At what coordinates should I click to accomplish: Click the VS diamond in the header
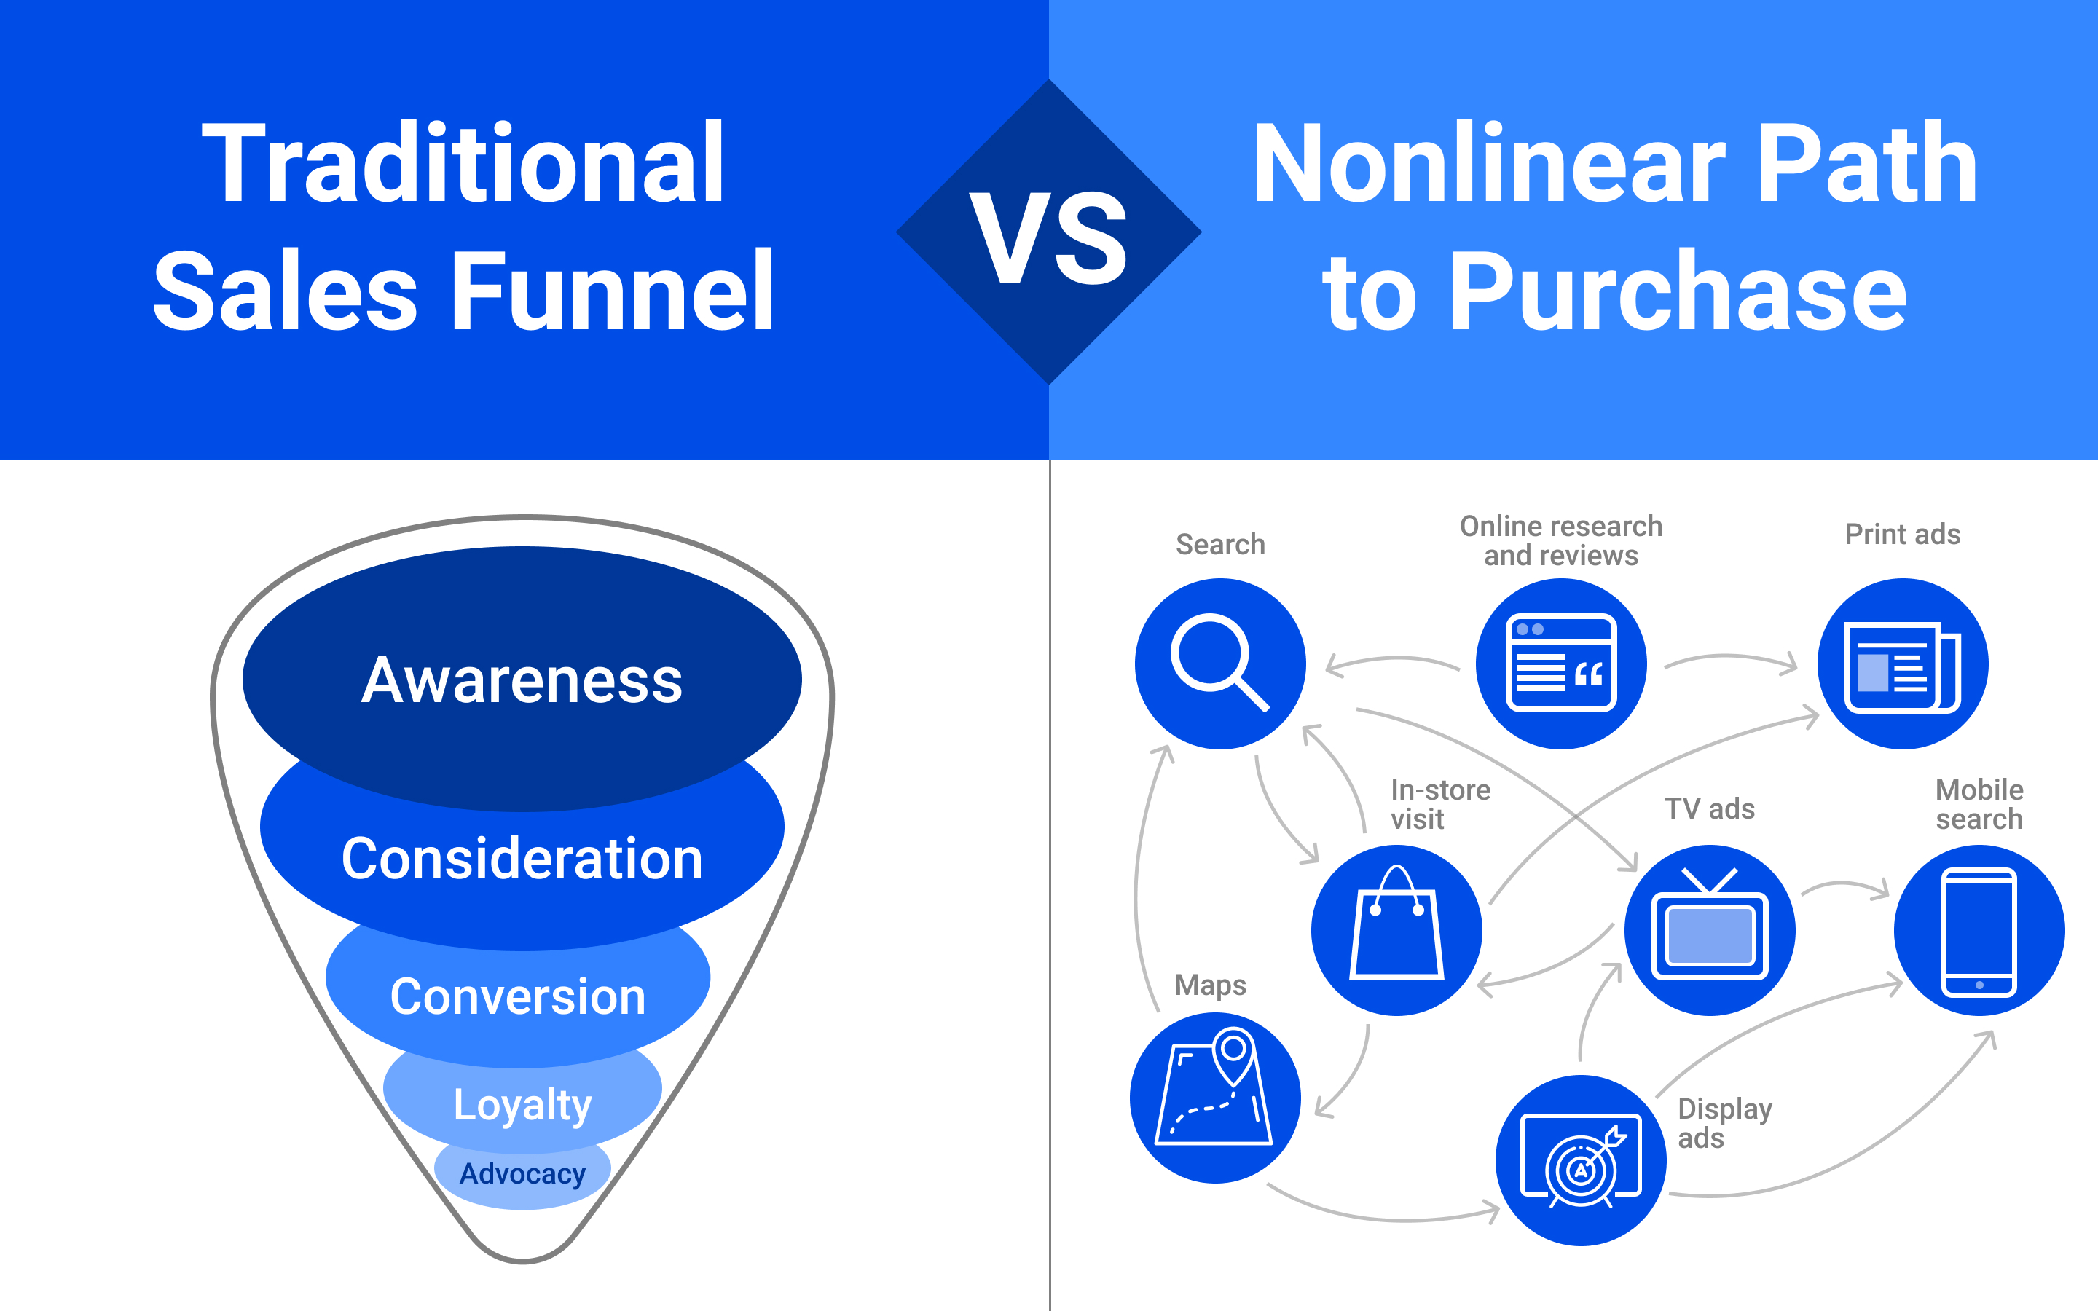(1049, 232)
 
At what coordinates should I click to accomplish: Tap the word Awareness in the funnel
(522, 681)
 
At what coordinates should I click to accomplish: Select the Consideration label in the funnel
(522, 859)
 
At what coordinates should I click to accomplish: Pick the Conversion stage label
(519, 997)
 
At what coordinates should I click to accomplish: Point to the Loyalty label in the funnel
(523, 1106)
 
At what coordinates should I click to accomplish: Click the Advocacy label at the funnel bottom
(523, 1174)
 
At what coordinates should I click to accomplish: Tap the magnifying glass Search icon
(1219, 664)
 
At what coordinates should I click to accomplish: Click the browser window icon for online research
(1561, 664)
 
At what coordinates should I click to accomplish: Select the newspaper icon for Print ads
(1903, 664)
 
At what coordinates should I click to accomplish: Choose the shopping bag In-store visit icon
(1396, 929)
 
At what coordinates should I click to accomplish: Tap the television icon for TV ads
(1710, 929)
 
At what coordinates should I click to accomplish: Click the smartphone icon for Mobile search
(1979, 929)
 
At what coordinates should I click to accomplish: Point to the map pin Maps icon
(1215, 1098)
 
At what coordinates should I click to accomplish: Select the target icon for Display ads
(1581, 1160)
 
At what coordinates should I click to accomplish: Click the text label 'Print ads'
(1903, 534)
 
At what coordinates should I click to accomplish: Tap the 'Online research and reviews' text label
(1561, 540)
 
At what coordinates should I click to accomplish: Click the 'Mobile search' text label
(1979, 804)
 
